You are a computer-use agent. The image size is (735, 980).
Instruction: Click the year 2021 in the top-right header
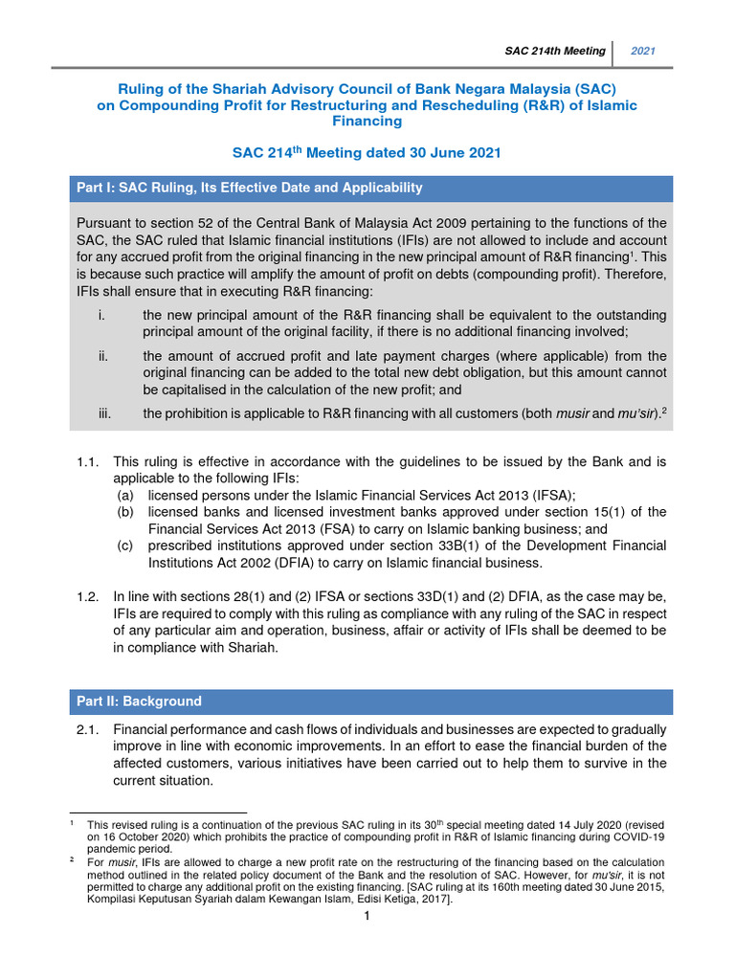(x=642, y=51)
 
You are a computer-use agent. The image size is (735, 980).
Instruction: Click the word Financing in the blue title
(x=367, y=122)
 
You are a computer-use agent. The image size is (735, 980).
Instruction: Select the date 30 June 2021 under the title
(x=444, y=153)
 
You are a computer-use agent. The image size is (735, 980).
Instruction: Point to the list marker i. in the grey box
(x=101, y=315)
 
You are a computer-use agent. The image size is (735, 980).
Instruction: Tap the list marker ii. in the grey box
(x=102, y=356)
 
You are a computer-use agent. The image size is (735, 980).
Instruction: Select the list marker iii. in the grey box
(x=104, y=413)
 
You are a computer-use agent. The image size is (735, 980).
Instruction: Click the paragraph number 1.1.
(x=88, y=461)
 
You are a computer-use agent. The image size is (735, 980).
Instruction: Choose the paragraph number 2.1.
(x=88, y=729)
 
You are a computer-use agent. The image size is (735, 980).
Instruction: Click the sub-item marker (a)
(x=125, y=495)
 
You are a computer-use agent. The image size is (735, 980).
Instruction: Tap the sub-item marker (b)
(x=125, y=512)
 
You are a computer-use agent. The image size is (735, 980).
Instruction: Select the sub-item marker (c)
(x=125, y=546)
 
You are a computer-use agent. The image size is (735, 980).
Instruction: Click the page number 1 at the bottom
(x=367, y=917)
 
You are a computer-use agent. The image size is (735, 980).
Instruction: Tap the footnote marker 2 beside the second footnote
(x=72, y=859)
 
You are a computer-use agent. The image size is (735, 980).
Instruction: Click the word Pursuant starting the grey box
(x=108, y=224)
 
